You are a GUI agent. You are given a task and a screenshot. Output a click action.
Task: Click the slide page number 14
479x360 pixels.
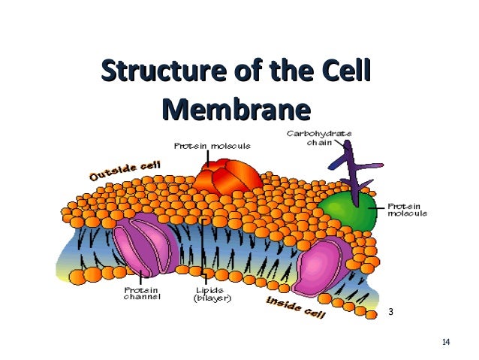click(x=446, y=343)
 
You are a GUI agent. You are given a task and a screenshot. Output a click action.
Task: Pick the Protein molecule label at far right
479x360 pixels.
click(x=406, y=209)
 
